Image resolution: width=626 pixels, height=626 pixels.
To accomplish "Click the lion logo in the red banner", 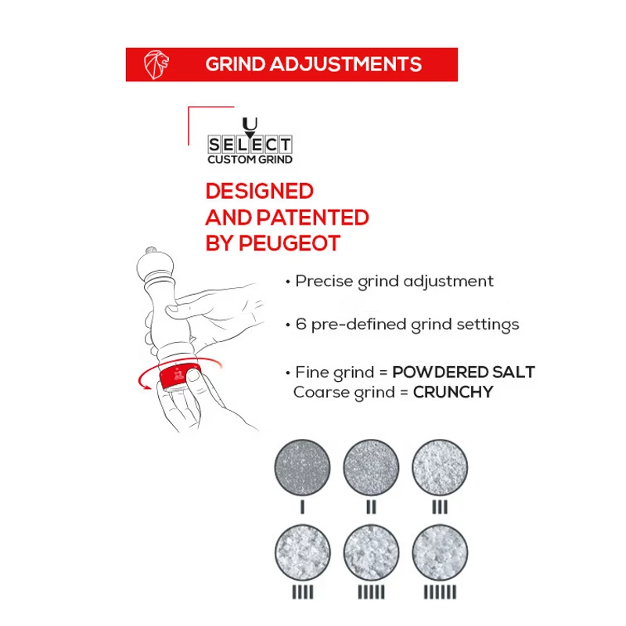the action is [156, 64].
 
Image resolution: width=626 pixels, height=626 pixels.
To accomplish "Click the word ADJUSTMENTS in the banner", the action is [346, 64].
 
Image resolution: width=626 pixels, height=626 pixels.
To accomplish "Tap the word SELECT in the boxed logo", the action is [250, 145].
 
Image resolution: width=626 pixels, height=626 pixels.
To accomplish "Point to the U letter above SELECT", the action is [250, 124].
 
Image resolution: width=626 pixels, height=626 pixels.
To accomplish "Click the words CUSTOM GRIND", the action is [250, 160].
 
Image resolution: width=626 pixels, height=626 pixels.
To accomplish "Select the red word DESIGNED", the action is [260, 191].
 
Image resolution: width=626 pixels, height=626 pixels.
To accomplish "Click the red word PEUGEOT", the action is [290, 243].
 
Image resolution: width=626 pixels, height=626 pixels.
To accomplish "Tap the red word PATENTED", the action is [312, 218].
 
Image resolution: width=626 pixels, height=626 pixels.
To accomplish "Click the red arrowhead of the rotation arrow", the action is [145, 385].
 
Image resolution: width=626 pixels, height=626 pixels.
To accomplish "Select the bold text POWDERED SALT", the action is [463, 372].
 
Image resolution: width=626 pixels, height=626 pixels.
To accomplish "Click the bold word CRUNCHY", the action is [453, 392].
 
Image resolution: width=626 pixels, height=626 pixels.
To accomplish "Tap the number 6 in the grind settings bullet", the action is [301, 324].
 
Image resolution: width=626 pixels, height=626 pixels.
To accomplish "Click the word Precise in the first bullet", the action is [324, 281].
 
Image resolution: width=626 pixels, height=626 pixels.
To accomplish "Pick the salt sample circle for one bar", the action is [303, 467].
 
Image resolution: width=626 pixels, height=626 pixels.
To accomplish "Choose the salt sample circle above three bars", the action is [440, 467].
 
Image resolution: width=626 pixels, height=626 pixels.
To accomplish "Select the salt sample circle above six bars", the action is [440, 553].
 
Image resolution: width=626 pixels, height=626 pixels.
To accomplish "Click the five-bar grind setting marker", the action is [371, 592].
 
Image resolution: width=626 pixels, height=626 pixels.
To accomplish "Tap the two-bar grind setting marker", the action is [371, 507].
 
